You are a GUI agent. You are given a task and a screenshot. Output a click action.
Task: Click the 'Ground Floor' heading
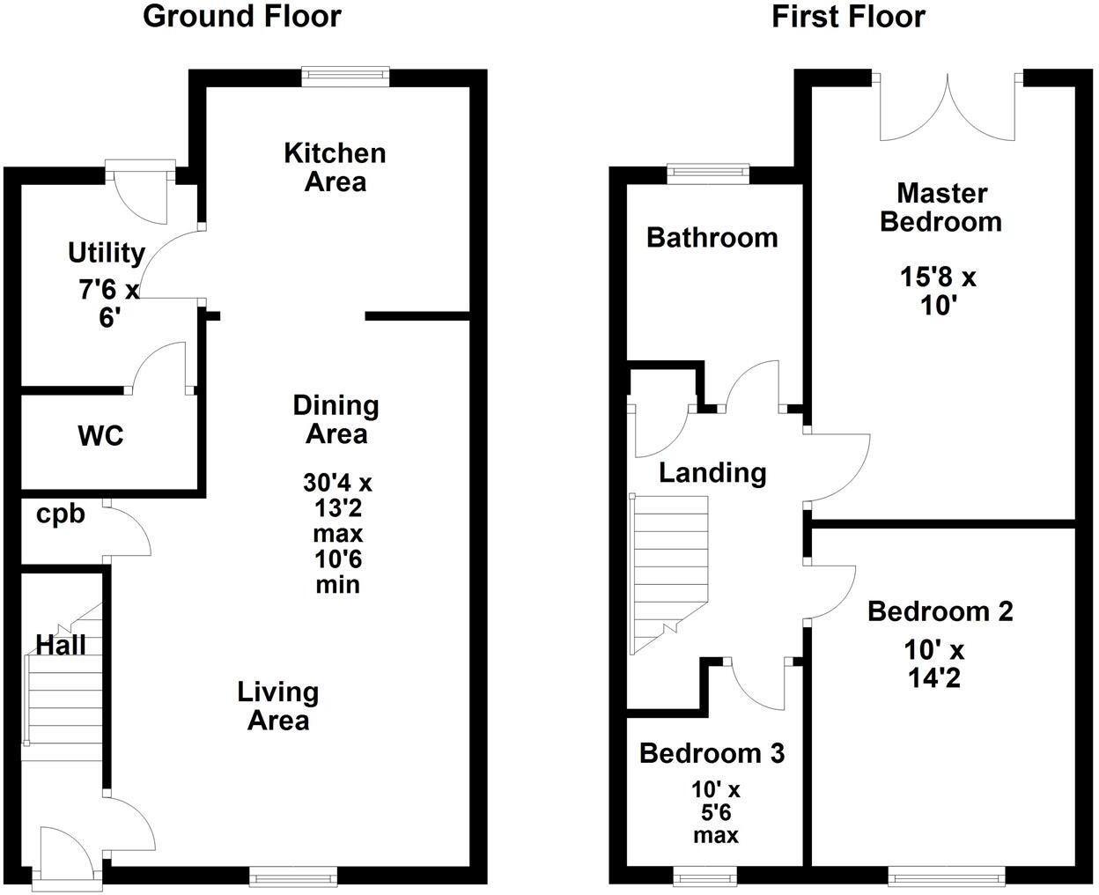coord(241,16)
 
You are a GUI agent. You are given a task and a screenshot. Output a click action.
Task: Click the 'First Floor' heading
coord(848,16)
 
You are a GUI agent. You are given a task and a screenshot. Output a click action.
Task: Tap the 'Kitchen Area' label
coord(335,166)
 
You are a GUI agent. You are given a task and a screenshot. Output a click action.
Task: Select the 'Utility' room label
coord(107,253)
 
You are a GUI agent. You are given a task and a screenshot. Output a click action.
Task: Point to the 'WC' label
coord(100,435)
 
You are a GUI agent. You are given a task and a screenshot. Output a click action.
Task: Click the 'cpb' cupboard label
coord(61,514)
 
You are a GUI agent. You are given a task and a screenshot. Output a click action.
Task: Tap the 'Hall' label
coord(61,645)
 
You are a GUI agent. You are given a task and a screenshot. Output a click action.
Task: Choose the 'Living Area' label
coord(277,706)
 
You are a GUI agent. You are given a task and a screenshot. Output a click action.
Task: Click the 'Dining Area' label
coord(336,419)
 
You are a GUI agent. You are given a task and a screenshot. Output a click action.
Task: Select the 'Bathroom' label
coord(712,237)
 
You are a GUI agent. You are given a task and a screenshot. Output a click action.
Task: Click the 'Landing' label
coord(712,473)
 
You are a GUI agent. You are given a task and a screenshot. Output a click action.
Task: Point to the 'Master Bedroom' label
coord(940,206)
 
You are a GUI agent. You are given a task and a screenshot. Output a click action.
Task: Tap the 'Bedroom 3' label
coord(712,753)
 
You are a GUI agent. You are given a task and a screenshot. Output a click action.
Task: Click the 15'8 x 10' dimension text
coord(938,291)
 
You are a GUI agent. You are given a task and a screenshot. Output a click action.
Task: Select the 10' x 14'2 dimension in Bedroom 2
coord(934,664)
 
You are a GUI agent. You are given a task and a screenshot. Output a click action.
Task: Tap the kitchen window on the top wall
coord(345,78)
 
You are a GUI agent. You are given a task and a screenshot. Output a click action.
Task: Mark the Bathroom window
coord(708,173)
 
